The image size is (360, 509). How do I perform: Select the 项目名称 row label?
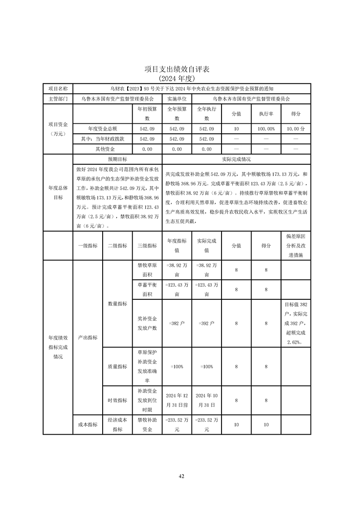58,88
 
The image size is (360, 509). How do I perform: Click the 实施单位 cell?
177,98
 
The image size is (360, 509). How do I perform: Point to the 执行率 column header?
266,114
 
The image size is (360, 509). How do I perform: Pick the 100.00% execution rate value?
266,129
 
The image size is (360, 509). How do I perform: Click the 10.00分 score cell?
296,129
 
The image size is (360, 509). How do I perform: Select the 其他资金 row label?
105,149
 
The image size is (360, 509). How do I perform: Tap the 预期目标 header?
117,159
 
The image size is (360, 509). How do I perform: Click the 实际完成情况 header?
236,159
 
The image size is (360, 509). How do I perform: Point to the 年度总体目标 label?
58,193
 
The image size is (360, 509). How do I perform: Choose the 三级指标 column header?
147,245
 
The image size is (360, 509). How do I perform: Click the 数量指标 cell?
117,303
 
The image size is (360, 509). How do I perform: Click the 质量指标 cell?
117,367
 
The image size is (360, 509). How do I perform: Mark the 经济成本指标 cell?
117,425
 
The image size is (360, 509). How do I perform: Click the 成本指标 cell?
88,425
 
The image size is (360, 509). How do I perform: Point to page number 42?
181,476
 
